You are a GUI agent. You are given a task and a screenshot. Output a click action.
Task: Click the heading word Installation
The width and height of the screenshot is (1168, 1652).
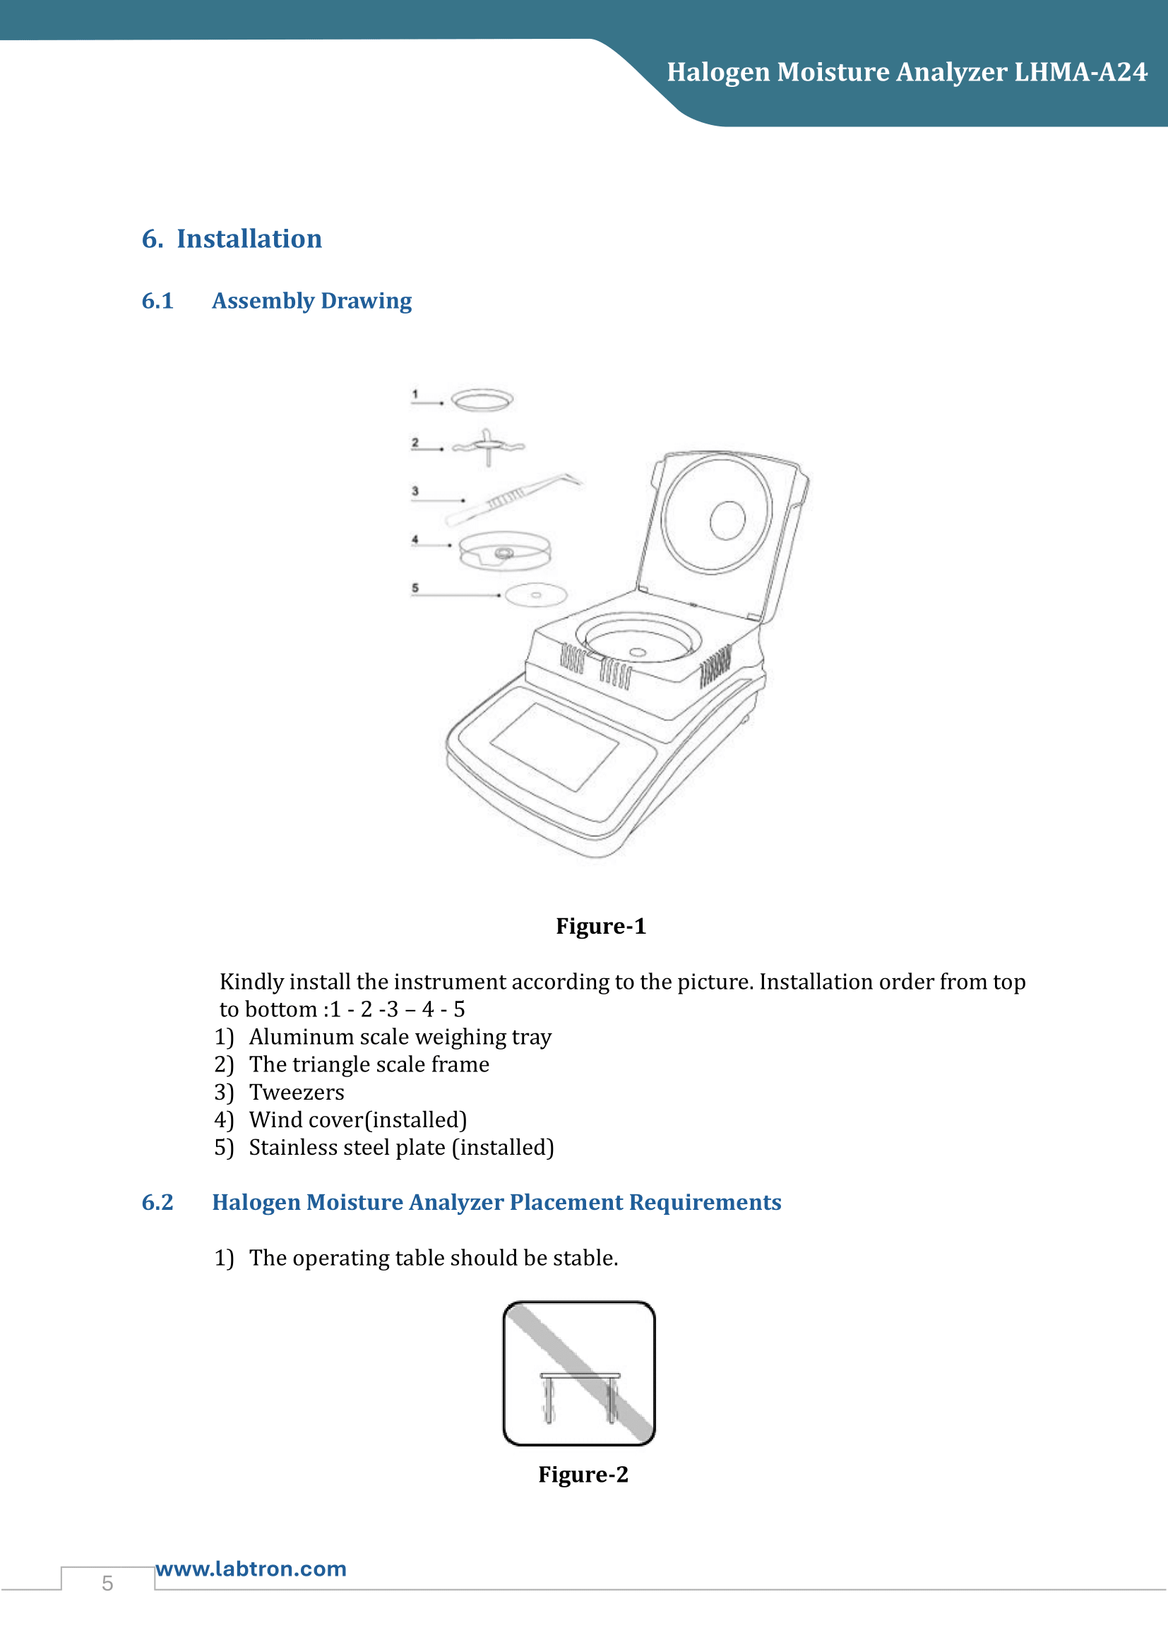(249, 239)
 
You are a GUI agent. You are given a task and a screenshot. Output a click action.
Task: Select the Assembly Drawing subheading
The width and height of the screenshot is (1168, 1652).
(311, 301)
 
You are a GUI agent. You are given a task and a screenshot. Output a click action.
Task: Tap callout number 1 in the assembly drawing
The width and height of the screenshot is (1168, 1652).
(415, 394)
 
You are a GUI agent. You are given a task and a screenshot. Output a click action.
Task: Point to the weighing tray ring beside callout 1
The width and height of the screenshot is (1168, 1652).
(482, 400)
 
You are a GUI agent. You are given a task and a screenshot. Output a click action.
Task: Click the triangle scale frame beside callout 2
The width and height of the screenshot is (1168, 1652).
(489, 446)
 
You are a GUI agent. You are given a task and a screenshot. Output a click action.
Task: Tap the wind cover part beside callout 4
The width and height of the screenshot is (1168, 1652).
(505, 551)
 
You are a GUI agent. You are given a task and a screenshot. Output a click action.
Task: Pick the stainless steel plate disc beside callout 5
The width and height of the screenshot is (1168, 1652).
(536, 595)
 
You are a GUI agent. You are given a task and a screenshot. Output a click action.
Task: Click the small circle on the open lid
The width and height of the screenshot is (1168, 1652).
(727, 520)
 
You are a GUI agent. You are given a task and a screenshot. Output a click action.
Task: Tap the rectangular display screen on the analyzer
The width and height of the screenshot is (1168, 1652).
(554, 746)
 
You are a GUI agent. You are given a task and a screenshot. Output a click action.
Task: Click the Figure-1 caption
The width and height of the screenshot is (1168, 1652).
(600, 926)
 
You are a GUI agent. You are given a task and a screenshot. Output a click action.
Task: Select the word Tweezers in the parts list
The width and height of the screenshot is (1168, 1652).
(297, 1092)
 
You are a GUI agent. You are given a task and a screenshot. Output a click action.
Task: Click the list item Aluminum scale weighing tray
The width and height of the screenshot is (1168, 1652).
(400, 1037)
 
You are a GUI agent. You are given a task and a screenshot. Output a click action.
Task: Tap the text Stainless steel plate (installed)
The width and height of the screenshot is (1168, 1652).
(401, 1148)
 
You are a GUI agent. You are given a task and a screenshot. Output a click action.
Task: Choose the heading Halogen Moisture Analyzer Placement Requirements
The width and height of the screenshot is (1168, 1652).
(496, 1202)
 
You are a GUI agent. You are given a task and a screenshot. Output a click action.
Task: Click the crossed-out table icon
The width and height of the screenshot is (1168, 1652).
(579, 1374)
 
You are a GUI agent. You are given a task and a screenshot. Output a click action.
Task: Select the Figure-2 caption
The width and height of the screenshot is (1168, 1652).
(583, 1474)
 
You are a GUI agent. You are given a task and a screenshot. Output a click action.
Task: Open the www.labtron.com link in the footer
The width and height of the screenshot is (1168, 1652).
(251, 1569)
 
